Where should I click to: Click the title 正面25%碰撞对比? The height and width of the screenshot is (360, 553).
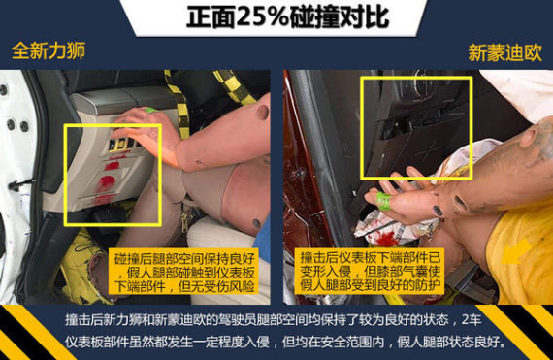point(287,16)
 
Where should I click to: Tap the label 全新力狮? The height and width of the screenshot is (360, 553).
point(49,50)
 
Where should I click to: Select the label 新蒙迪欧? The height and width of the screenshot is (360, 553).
point(504,53)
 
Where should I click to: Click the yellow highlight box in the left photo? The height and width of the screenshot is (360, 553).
point(66,175)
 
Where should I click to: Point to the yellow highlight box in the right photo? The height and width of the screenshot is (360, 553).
point(362,128)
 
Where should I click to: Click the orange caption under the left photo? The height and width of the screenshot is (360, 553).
point(184,272)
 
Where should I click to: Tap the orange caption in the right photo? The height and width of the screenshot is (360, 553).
point(371,271)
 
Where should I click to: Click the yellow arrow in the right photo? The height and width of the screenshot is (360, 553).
point(517,251)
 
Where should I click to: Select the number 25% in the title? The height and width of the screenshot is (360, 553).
point(263,16)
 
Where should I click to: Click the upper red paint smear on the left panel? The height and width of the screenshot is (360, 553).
point(113,165)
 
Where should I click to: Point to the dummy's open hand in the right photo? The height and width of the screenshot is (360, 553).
point(406,196)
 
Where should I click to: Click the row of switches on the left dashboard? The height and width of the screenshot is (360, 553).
point(121,144)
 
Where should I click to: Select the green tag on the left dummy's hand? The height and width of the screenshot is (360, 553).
point(150,110)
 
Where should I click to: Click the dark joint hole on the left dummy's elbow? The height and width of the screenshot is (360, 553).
point(263,112)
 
